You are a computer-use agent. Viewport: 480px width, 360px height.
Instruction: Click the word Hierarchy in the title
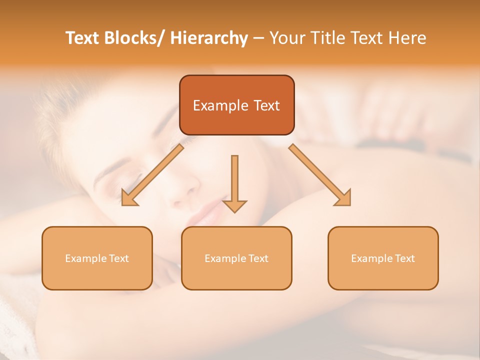[209, 38]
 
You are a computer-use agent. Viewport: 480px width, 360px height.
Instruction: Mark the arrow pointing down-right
[320, 175]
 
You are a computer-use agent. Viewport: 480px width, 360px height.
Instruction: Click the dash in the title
[258, 38]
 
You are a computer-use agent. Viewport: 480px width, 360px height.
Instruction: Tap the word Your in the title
[286, 38]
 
